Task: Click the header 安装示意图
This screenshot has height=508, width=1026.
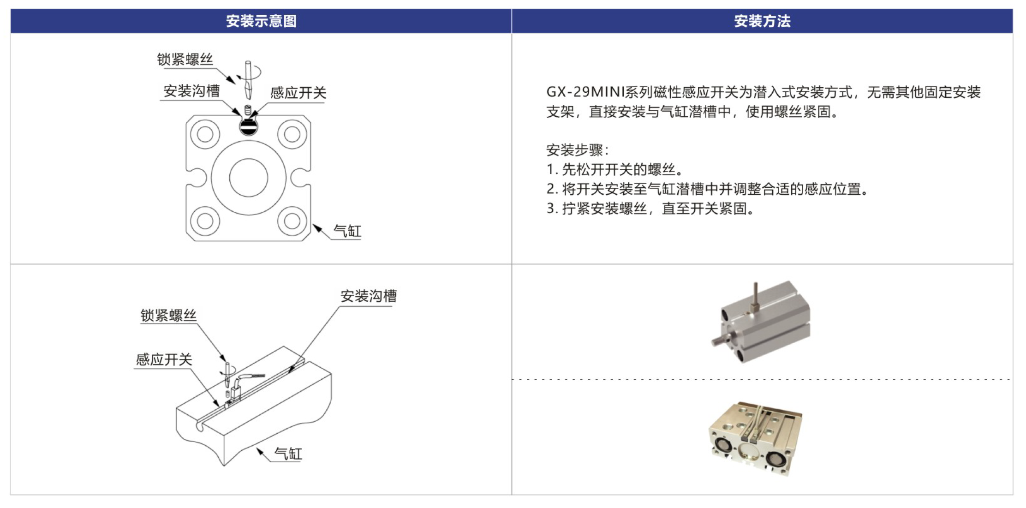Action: click(x=261, y=21)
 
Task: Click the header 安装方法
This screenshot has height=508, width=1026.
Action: click(x=762, y=21)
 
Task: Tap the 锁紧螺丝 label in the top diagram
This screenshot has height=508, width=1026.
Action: click(x=185, y=59)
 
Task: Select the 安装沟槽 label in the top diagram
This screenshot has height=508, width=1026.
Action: click(x=191, y=91)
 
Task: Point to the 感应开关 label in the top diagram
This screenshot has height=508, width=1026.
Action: click(x=298, y=93)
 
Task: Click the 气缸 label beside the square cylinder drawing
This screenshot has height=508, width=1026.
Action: click(x=347, y=231)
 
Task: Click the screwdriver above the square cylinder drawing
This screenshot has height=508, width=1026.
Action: click(x=248, y=79)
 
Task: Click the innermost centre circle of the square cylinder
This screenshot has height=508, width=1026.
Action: click(x=249, y=178)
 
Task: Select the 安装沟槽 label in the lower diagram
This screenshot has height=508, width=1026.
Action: click(x=369, y=296)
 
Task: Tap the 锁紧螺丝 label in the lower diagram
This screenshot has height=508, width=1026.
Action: click(x=168, y=316)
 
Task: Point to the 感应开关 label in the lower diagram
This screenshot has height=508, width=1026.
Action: click(x=164, y=359)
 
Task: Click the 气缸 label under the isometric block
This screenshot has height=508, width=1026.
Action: click(x=288, y=454)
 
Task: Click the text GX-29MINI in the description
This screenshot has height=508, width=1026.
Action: click(x=585, y=92)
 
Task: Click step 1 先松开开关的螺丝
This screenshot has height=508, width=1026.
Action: click(x=614, y=169)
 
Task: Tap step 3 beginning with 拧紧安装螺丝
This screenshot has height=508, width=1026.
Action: click(x=650, y=209)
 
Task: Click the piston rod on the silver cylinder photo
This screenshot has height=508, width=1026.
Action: click(x=721, y=340)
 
